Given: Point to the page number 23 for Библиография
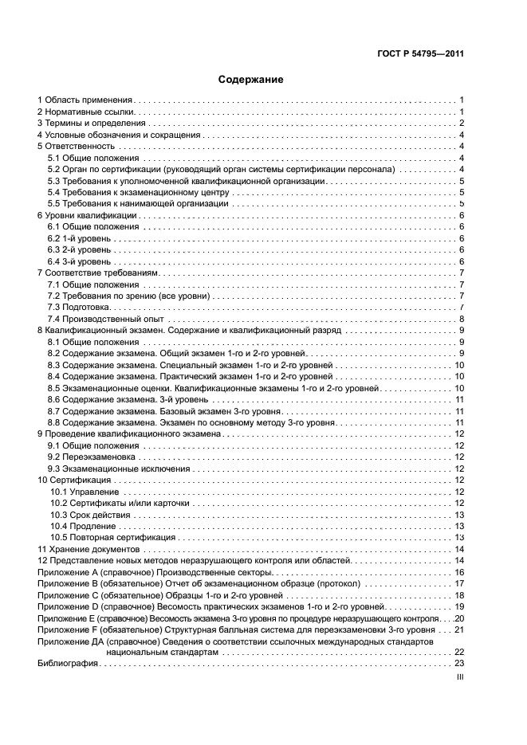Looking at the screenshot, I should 459,663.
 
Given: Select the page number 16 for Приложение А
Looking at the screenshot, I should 459,572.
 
